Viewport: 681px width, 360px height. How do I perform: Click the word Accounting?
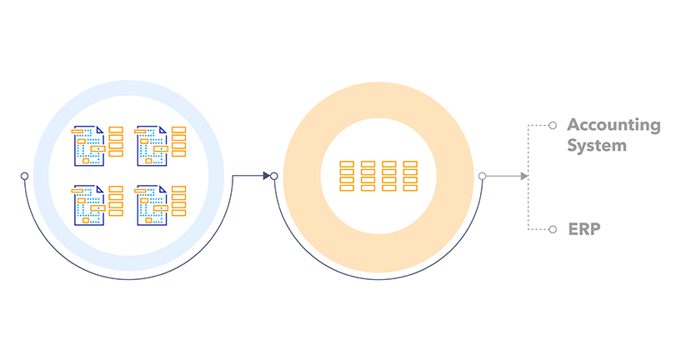(x=613, y=126)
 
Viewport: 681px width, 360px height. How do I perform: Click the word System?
(x=596, y=146)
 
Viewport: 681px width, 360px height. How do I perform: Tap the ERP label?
(x=584, y=228)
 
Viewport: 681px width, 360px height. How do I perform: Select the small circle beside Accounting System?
(x=553, y=126)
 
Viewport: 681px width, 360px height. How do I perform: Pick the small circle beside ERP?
(x=553, y=228)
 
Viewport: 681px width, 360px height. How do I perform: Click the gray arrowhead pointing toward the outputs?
(x=523, y=176)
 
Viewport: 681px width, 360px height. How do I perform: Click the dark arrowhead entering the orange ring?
(x=267, y=176)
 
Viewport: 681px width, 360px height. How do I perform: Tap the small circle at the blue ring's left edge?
(x=25, y=176)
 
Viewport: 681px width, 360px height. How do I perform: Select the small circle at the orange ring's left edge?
(x=274, y=176)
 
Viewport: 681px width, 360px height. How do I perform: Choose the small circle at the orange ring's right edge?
(x=482, y=176)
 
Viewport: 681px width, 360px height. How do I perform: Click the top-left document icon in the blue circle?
(x=89, y=144)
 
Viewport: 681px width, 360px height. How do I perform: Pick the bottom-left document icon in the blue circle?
(x=89, y=204)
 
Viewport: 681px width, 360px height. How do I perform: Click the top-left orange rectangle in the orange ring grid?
(x=348, y=164)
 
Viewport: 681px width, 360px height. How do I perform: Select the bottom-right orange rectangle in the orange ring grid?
(x=410, y=188)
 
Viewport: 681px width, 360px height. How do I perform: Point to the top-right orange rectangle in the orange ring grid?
(x=410, y=164)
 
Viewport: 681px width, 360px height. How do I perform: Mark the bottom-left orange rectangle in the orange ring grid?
(x=348, y=188)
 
